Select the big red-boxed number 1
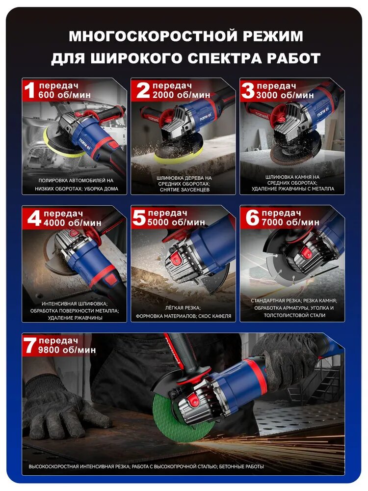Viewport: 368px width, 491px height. (x=30, y=90)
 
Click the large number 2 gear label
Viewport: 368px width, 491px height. (x=143, y=90)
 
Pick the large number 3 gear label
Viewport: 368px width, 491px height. (x=248, y=90)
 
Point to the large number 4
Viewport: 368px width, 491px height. (x=34, y=218)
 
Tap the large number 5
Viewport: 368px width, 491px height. (x=139, y=218)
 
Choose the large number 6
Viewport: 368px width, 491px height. (x=252, y=218)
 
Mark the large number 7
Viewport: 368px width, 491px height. (x=30, y=345)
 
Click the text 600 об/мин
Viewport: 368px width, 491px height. (x=64, y=95)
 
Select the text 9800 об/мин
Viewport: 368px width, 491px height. (x=67, y=350)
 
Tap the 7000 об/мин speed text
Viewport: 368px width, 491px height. (x=290, y=222)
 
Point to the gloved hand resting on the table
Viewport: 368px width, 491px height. (x=63, y=407)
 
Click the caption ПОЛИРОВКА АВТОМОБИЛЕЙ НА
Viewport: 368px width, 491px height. (x=76, y=181)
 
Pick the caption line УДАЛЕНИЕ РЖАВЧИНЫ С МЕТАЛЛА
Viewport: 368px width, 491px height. (x=292, y=189)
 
